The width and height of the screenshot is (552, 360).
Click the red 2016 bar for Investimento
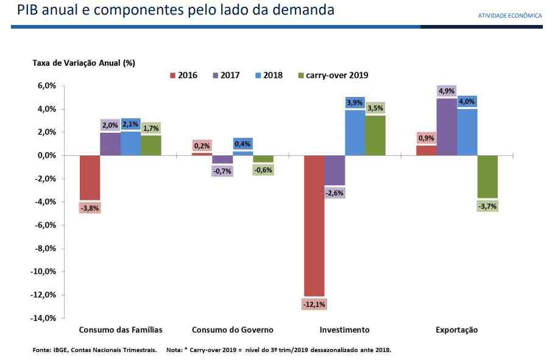click(314, 225)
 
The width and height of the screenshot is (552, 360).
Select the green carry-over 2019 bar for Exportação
click(487, 177)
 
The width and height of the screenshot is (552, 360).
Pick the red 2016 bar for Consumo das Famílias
click(90, 177)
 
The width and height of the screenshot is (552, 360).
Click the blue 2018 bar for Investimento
click(355, 132)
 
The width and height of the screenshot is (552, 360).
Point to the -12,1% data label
click(314, 304)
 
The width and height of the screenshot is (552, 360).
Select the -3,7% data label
click(487, 206)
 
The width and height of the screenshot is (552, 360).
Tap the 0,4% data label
click(242, 144)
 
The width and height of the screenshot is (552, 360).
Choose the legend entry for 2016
click(183, 76)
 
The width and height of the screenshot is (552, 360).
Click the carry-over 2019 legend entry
click(333, 76)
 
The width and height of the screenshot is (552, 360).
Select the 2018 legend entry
click(269, 76)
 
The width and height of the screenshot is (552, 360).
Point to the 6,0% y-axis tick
click(46, 86)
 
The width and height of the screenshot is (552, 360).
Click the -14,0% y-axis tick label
click(44, 318)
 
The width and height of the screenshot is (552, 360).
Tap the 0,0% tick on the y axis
click(46, 155)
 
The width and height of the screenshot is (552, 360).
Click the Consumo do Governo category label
click(232, 330)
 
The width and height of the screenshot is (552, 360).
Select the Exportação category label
click(457, 330)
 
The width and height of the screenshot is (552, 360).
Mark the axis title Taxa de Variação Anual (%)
click(83, 63)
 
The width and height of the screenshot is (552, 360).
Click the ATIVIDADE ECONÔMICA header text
click(510, 16)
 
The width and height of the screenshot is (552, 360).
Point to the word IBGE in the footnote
click(58, 350)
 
